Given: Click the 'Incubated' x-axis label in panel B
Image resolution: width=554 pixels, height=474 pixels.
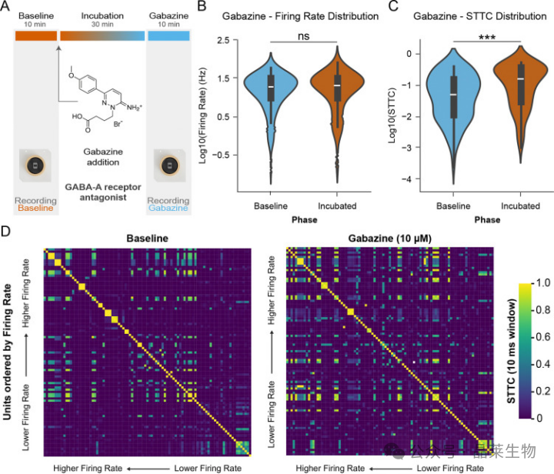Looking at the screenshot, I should pyautogui.click(x=336, y=206).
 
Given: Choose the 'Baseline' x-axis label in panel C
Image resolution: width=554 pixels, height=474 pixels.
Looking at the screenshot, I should pyautogui.click(x=453, y=206).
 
